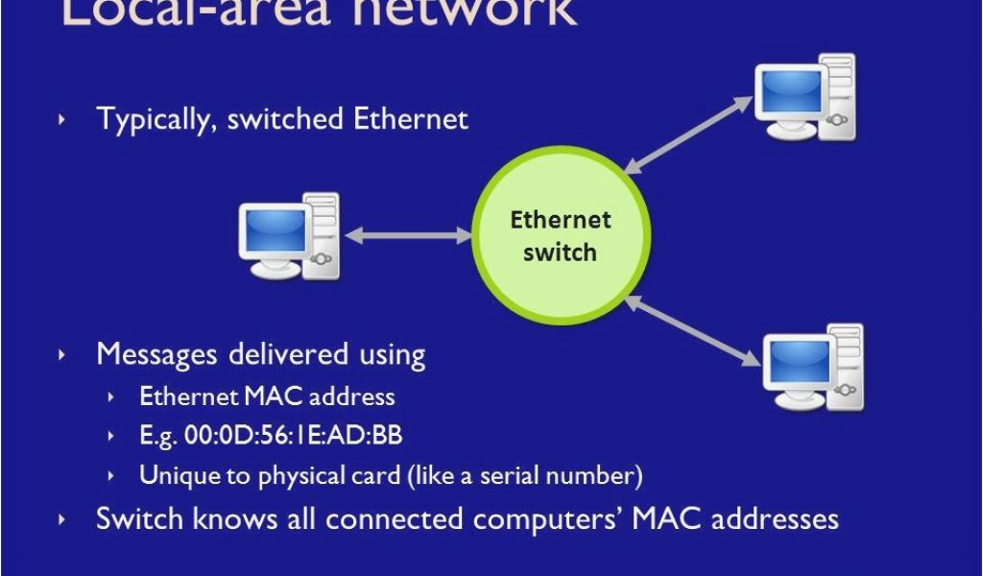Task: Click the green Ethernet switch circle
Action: click(x=561, y=235)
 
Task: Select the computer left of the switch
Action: click(x=289, y=236)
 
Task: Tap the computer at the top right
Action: click(x=804, y=97)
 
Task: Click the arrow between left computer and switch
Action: click(x=408, y=235)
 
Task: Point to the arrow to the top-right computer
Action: click(x=686, y=134)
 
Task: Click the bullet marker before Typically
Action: click(x=63, y=119)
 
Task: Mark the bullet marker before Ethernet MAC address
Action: click(x=114, y=396)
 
